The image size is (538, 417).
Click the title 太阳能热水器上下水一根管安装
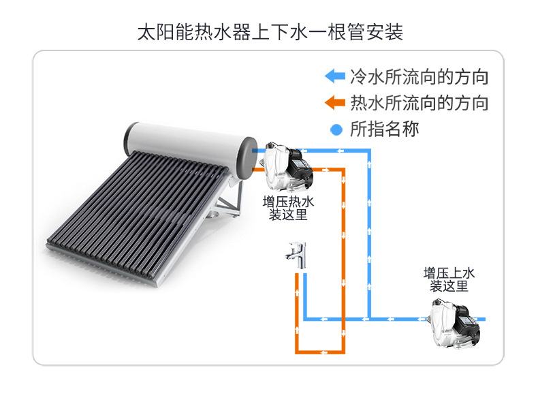tap(270, 32)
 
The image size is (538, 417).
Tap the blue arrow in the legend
tap(335, 76)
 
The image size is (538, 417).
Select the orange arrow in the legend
tap(335, 102)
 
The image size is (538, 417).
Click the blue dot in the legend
tap(336, 129)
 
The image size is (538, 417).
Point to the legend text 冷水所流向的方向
tap(420, 76)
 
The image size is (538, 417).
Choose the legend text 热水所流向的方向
tap(420, 103)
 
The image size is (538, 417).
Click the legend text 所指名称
tap(385, 129)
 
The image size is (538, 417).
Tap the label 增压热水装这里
tap(288, 208)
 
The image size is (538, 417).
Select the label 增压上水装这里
tap(449, 280)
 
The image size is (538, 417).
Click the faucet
tap(296, 255)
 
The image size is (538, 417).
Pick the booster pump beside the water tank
tap(288, 167)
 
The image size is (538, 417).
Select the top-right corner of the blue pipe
tap(369, 151)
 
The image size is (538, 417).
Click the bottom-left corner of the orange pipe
tap(297, 352)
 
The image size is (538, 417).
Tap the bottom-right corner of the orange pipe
tap(343, 352)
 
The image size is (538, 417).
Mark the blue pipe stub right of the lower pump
tap(481, 319)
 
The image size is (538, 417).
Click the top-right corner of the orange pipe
tap(343, 170)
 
